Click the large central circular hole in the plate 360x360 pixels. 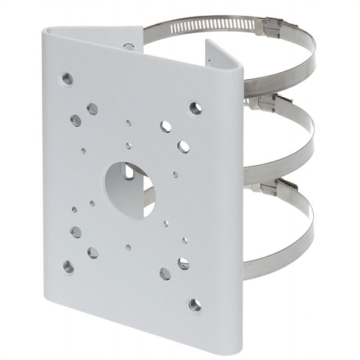click(x=129, y=187)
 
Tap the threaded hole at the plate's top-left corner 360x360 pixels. click(x=68, y=78)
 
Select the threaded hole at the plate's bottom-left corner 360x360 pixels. click(x=68, y=266)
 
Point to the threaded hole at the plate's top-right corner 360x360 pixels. click(x=194, y=109)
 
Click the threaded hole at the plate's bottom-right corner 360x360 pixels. click(x=194, y=305)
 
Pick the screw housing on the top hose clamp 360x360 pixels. click(x=272, y=27)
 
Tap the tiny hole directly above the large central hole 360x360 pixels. click(x=129, y=145)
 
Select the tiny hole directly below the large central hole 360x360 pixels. click(x=128, y=247)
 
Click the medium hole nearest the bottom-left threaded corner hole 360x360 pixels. click(x=76, y=232)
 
